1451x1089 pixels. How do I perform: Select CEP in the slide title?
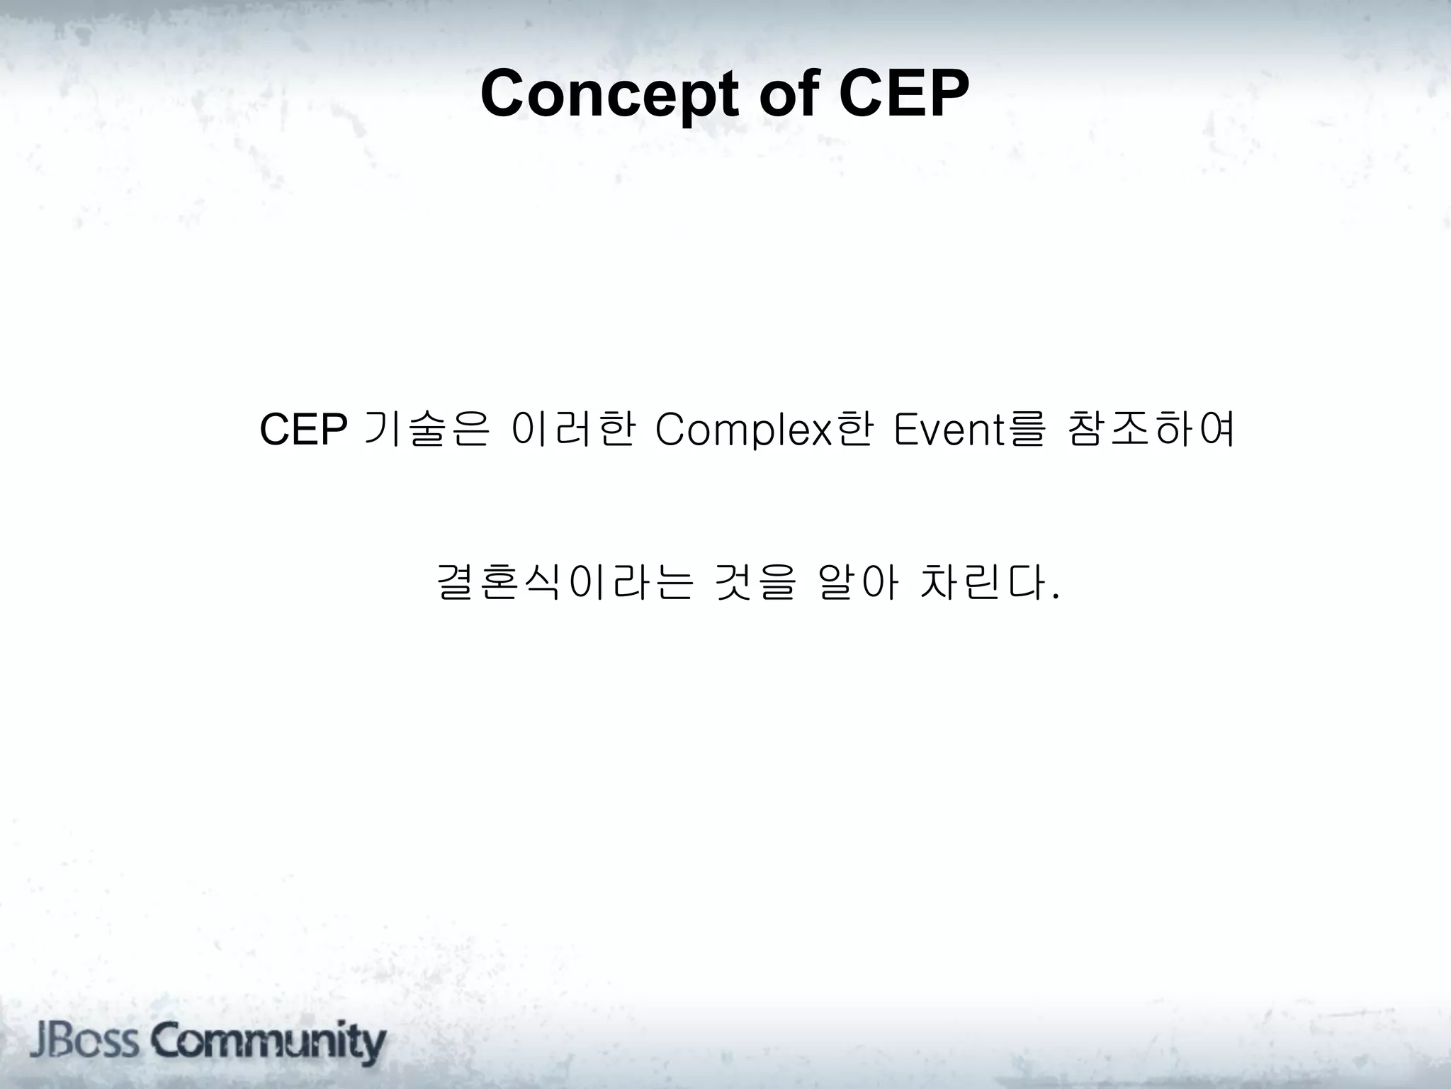click(904, 94)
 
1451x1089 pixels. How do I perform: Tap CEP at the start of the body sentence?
click(303, 430)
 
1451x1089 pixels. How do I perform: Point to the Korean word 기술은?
click(424, 430)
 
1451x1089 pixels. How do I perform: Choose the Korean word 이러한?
click(572, 430)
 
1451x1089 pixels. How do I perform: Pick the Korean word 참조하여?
click(1151, 430)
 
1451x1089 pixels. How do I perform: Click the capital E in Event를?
click(906, 430)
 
